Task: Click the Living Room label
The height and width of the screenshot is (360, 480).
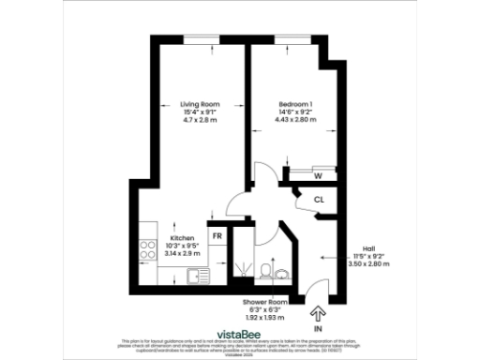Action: click(201, 104)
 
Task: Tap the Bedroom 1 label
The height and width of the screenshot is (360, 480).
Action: click(295, 104)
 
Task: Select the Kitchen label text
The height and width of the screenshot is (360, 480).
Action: click(182, 238)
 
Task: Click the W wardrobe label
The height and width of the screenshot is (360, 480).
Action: click(319, 175)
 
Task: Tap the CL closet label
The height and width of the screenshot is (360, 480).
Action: click(319, 200)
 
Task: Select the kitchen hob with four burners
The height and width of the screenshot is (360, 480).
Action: click(147, 250)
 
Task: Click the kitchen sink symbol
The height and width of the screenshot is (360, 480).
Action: click(199, 276)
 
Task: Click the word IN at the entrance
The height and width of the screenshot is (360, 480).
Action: click(318, 329)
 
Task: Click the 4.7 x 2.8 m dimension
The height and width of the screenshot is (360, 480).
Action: click(201, 121)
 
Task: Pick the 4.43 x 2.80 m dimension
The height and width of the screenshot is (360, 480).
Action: click(295, 121)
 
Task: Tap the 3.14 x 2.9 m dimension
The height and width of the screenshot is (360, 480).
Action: click(182, 254)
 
